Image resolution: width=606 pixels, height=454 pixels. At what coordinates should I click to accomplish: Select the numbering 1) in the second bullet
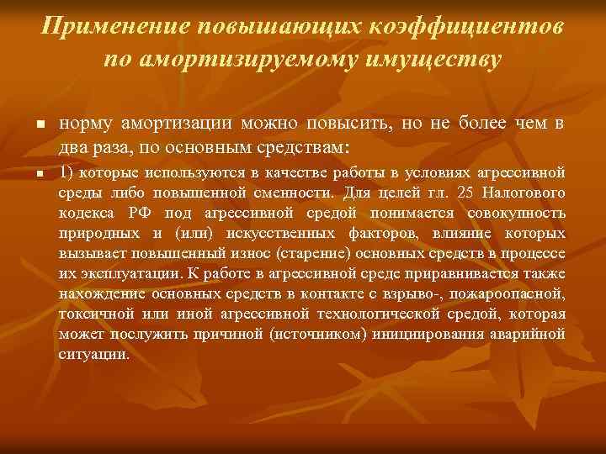tap(67, 174)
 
